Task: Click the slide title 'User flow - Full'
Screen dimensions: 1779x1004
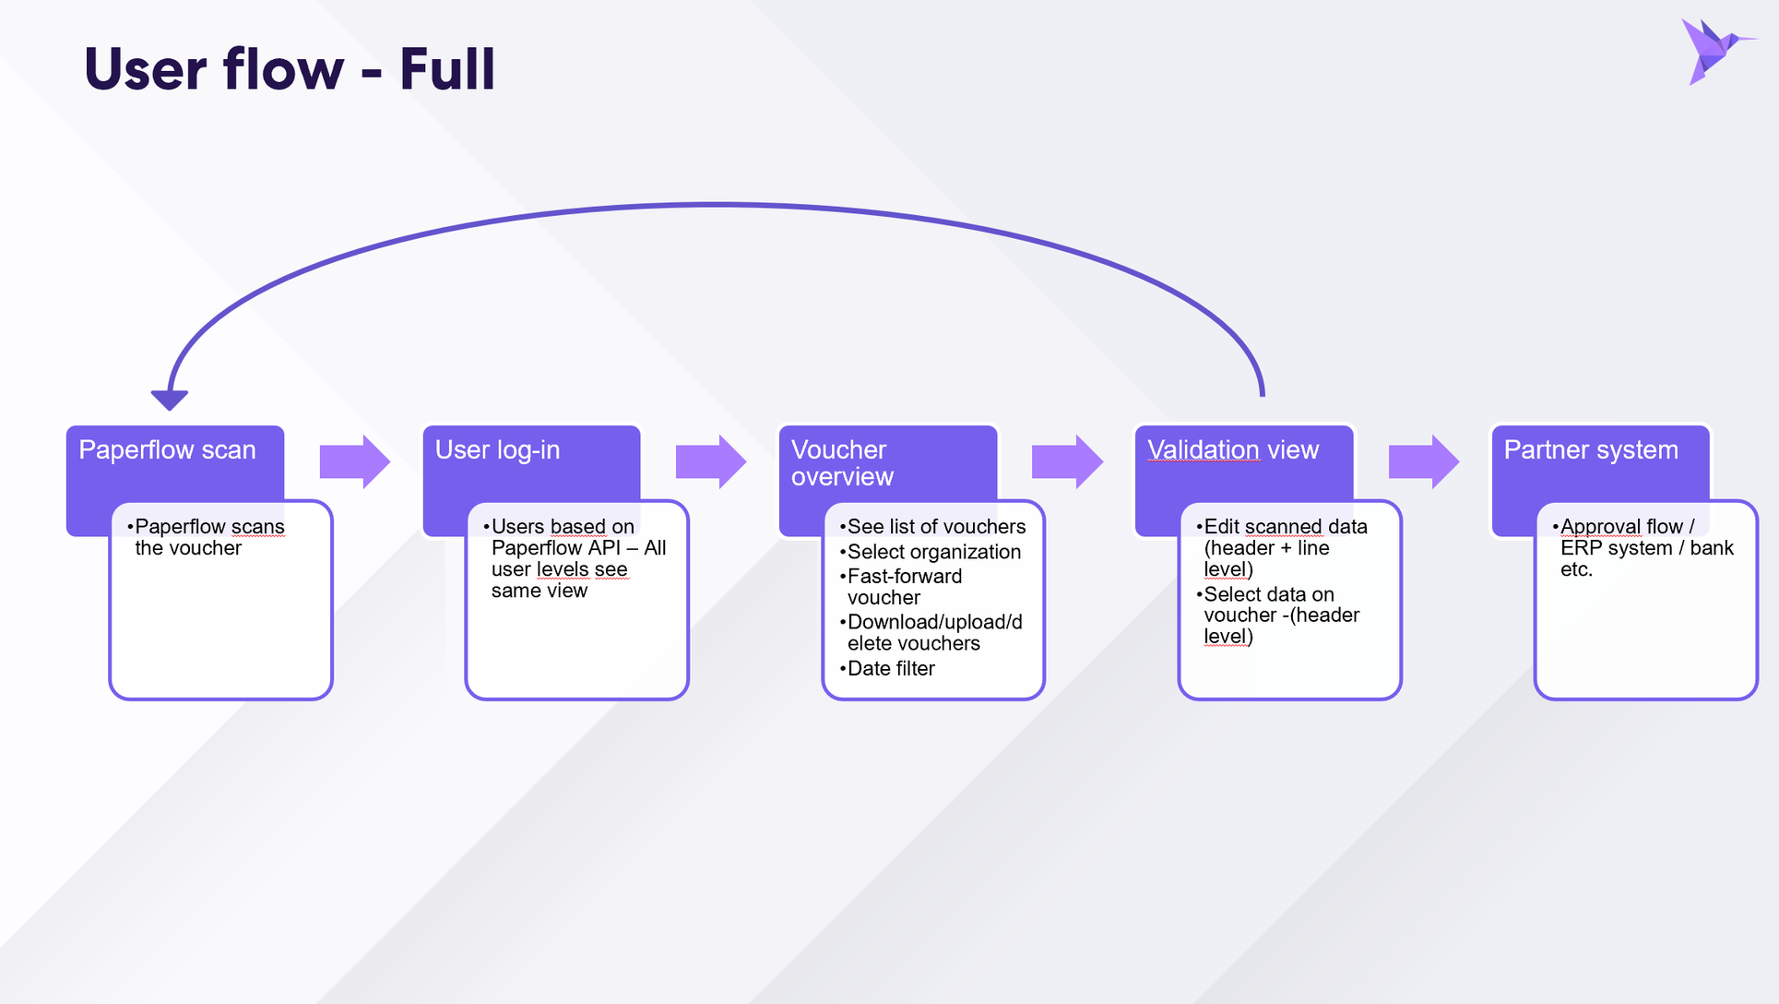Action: pyautogui.click(x=290, y=69)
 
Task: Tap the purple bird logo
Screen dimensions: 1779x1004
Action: pyautogui.click(x=1716, y=51)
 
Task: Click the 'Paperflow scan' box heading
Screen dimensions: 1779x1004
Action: pyautogui.click(x=167, y=450)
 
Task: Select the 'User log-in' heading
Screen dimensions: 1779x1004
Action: pyautogui.click(x=497, y=450)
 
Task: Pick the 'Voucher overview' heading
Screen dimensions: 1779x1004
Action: pyautogui.click(x=842, y=463)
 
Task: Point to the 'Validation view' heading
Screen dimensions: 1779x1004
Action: pyautogui.click(x=1233, y=450)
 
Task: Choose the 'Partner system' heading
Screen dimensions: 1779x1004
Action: pyautogui.click(x=1591, y=450)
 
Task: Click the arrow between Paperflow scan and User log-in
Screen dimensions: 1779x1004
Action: pyautogui.click(x=355, y=461)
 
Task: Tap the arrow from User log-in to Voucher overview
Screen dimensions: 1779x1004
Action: pyautogui.click(x=711, y=461)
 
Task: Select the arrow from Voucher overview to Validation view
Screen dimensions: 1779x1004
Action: pyautogui.click(x=1067, y=461)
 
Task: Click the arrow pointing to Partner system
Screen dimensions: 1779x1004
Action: pyautogui.click(x=1424, y=461)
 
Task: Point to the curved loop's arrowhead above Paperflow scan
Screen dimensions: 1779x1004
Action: pyautogui.click(x=170, y=400)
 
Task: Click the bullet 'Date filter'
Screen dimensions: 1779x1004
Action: pyautogui.click(x=887, y=668)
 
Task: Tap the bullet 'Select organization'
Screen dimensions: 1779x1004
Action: pyautogui.click(x=931, y=552)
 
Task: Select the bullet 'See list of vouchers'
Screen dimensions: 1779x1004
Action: pyautogui.click(x=932, y=527)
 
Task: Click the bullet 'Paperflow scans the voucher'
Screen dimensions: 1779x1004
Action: pyautogui.click(x=206, y=537)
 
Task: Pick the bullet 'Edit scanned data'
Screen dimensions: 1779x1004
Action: pyautogui.click(x=1282, y=527)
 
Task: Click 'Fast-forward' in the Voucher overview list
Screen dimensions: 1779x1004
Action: pyautogui.click(x=905, y=577)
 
